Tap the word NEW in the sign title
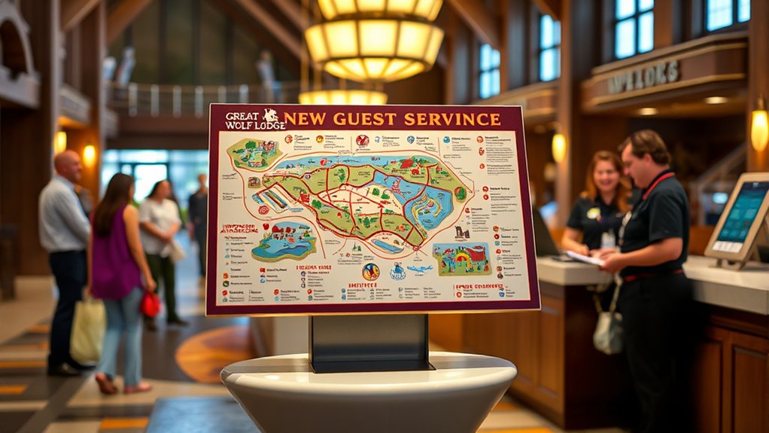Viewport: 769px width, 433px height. pyautogui.click(x=305, y=118)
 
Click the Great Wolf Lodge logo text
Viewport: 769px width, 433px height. pyautogui.click(x=245, y=120)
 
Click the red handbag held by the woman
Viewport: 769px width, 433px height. pyautogui.click(x=150, y=304)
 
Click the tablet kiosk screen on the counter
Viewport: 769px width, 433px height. pyautogui.click(x=741, y=213)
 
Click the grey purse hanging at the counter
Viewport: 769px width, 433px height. pyautogui.click(x=608, y=332)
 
